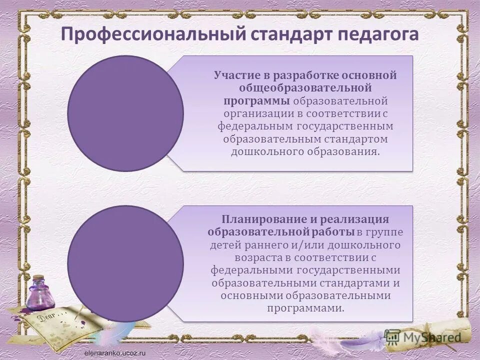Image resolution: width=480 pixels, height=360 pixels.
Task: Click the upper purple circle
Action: (125, 113)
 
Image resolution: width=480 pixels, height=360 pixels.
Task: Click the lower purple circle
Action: (125, 263)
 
